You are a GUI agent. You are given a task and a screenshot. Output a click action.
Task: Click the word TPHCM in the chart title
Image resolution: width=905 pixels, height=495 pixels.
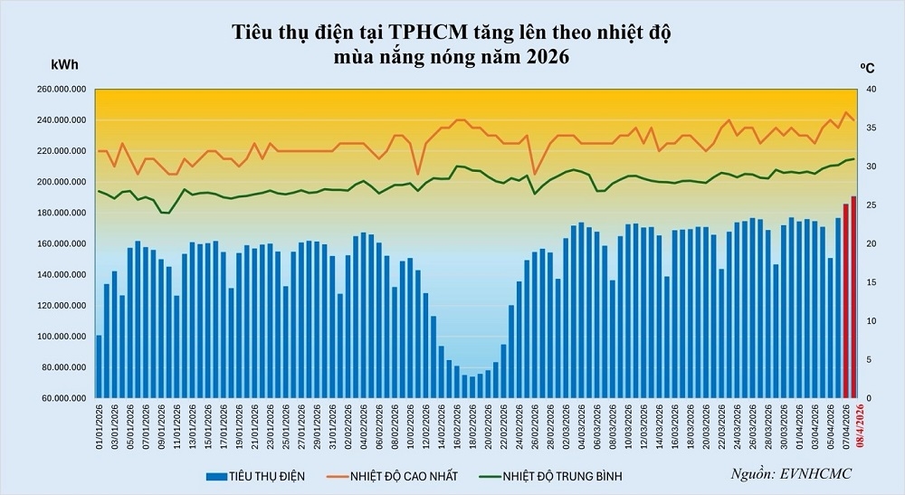[424, 34]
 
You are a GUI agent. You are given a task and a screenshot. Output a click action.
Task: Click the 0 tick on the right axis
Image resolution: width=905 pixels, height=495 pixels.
[870, 398]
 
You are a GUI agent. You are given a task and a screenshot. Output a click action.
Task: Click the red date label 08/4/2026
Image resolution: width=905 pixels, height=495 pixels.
[853, 433]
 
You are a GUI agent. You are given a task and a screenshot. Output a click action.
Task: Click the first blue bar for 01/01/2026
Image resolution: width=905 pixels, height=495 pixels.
[99, 366]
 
